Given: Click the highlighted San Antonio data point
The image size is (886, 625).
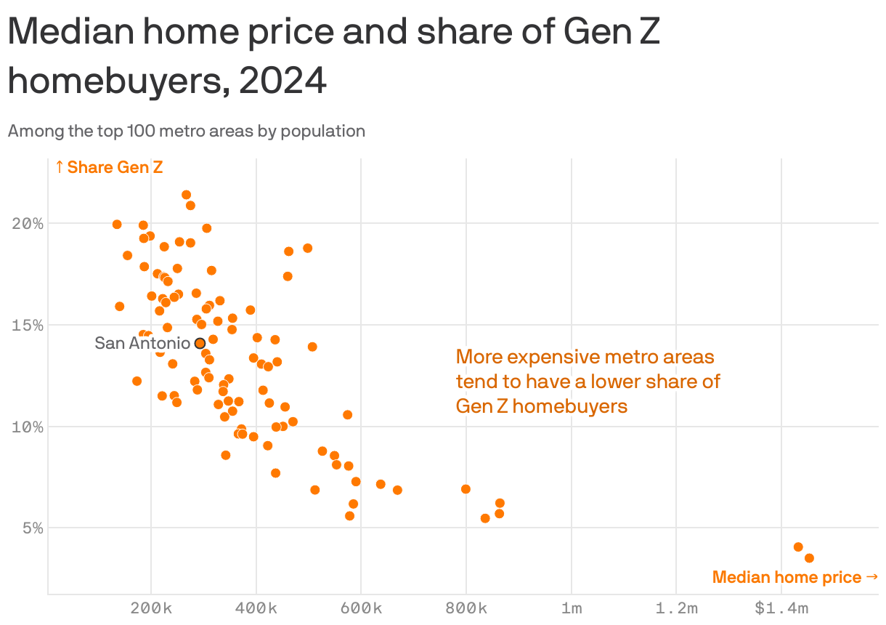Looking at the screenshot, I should [200, 343].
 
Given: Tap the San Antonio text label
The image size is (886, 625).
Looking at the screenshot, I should [142, 343].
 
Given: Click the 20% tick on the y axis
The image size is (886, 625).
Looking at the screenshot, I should [28, 223].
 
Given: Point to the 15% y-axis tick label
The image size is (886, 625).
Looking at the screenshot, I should [28, 325].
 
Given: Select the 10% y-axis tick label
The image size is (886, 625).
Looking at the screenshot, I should [28, 427].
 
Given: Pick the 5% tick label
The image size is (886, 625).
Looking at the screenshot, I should [31, 528].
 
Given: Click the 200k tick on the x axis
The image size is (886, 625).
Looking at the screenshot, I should [151, 608].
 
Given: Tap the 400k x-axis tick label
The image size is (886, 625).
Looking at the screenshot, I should [256, 608].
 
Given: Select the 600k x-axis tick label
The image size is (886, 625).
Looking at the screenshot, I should [361, 608].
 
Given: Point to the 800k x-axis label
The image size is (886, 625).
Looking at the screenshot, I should [466, 608].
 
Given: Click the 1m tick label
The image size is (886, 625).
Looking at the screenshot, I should [572, 608].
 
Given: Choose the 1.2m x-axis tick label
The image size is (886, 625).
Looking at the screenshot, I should [676, 608].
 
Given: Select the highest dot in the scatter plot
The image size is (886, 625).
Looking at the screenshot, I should [186, 195].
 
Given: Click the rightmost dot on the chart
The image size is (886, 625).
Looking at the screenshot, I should [809, 558].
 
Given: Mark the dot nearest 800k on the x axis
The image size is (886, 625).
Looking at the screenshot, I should [466, 489].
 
